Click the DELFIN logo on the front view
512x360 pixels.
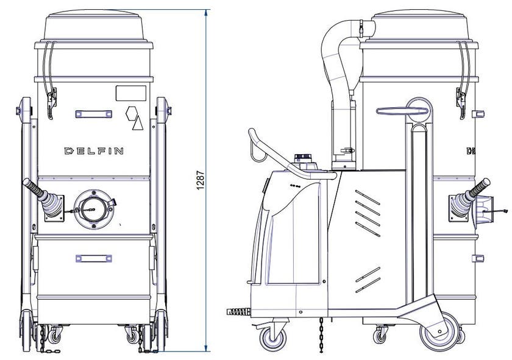pyautogui.click(x=94, y=151)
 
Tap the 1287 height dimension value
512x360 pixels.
pyautogui.click(x=201, y=180)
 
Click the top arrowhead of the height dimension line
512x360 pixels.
pyautogui.click(x=206, y=12)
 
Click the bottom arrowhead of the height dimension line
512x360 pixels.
pyautogui.click(x=206, y=349)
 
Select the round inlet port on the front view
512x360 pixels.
pyautogui.click(x=94, y=209)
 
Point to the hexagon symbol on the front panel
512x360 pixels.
pyautogui.click(x=131, y=113)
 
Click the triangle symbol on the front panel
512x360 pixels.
pyautogui.click(x=138, y=123)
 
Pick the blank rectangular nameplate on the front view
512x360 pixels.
pyautogui.click(x=131, y=93)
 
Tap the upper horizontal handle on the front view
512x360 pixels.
pyautogui.click(x=94, y=114)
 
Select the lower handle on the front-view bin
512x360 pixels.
pyautogui.click(x=94, y=258)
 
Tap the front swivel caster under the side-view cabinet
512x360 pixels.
pyautogui.click(x=273, y=338)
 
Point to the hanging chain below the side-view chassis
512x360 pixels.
pyautogui.click(x=321, y=334)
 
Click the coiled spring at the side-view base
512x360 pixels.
pyautogui.click(x=239, y=312)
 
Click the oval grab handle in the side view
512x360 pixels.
pyautogui.click(x=402, y=111)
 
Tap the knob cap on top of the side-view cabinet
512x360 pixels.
pyautogui.click(x=304, y=158)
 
